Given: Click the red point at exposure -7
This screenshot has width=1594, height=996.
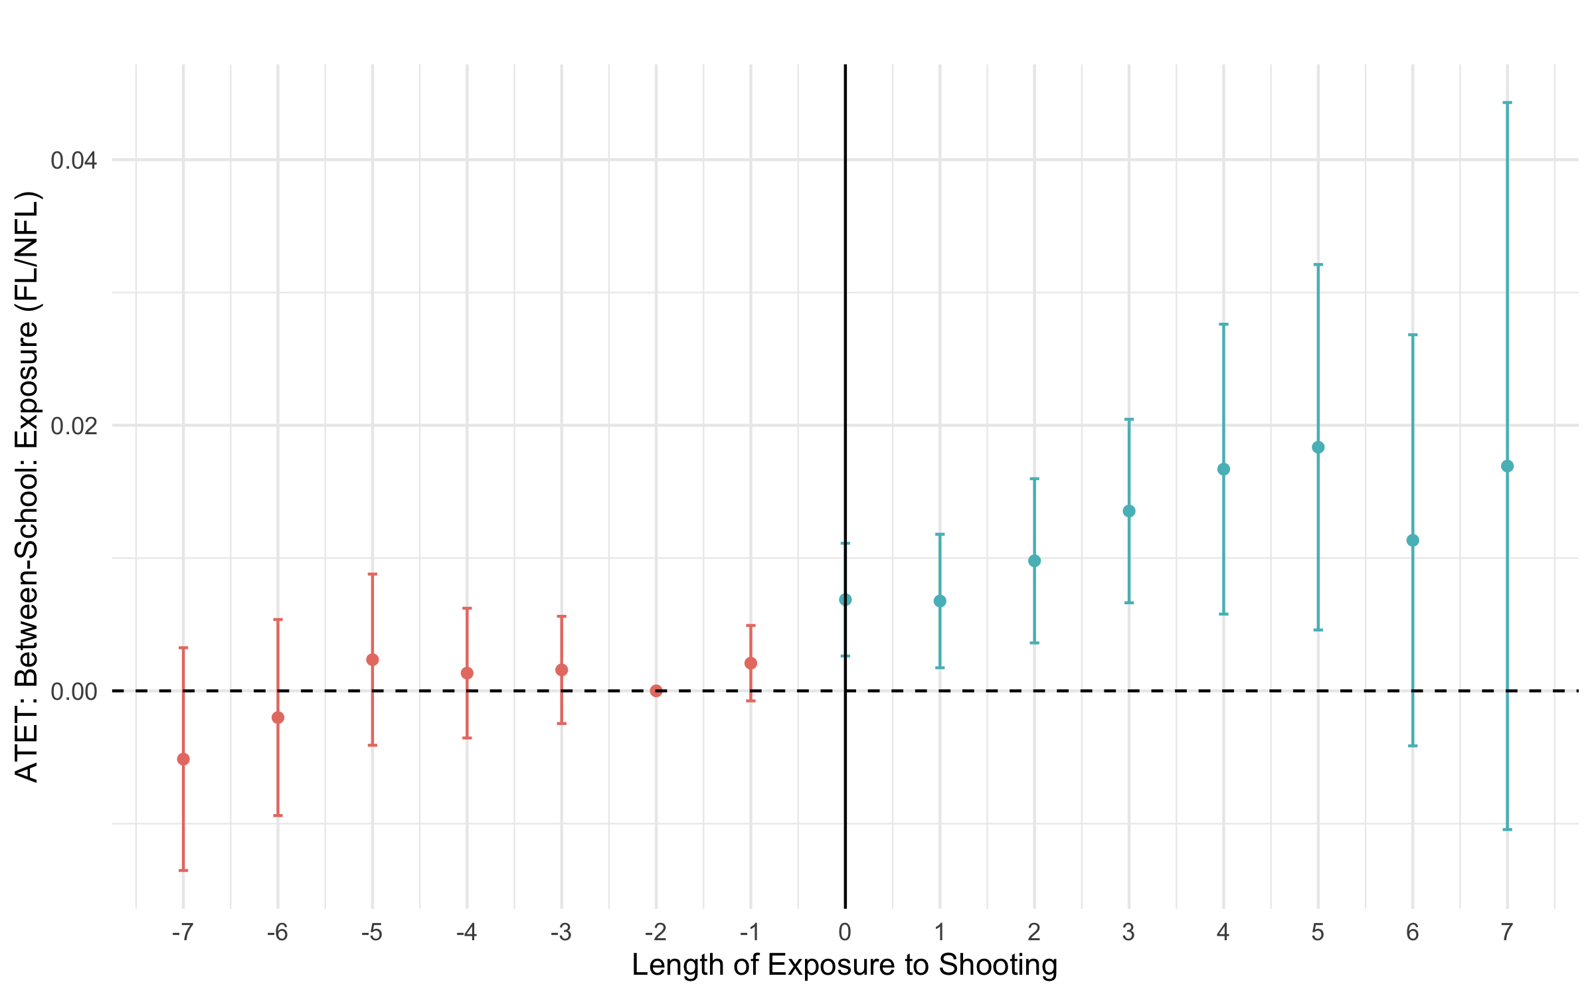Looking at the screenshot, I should [x=183, y=759].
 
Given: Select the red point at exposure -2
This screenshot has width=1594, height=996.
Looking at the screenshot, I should [x=656, y=691].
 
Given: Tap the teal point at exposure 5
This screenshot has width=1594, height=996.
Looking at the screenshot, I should [x=1318, y=448].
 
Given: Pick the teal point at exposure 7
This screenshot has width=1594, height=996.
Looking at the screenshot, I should [x=1508, y=466].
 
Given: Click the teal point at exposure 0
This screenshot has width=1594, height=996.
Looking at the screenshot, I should [x=845, y=600].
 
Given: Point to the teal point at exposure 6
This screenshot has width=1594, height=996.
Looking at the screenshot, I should [x=1413, y=540].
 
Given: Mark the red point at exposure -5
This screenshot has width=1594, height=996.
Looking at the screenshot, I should [x=373, y=659].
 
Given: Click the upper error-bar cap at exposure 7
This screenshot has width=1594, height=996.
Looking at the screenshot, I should [x=1508, y=103].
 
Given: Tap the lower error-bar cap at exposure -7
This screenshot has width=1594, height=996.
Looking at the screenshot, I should [x=183, y=870].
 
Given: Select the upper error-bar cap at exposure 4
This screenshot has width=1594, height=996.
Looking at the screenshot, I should [x=1223, y=324].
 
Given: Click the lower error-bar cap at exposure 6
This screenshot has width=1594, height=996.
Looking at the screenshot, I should [x=1413, y=746].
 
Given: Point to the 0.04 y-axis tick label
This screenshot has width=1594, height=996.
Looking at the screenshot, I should [x=74, y=160].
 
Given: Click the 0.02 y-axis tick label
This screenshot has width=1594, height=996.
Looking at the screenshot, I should [x=74, y=425].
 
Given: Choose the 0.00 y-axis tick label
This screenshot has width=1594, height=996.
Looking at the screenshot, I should [x=74, y=691].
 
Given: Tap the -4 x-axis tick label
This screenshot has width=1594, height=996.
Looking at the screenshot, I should [x=466, y=933].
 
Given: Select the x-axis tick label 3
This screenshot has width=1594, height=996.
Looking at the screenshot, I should [x=1128, y=933].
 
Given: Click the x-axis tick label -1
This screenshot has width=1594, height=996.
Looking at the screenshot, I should [x=750, y=933].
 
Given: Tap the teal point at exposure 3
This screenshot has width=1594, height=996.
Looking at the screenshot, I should [x=1129, y=511].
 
